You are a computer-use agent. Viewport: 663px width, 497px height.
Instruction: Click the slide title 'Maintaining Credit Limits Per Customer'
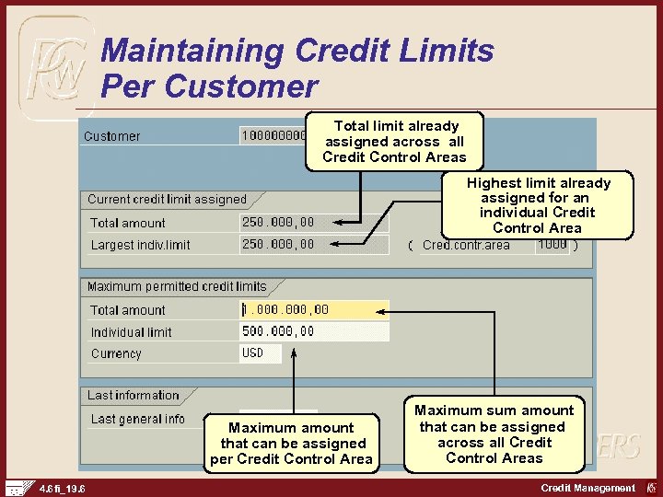[x=297, y=68]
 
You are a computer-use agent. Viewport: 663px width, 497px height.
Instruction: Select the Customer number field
[x=273, y=136]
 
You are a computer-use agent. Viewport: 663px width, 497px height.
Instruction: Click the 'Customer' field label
[x=112, y=136]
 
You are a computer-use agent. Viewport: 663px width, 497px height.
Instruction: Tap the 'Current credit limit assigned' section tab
[x=168, y=199]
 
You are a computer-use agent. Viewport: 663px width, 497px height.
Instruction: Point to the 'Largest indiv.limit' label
[x=140, y=245]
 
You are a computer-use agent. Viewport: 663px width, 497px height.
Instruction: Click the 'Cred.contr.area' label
[x=466, y=245]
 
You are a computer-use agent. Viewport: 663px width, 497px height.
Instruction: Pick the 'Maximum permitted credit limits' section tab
[x=177, y=286]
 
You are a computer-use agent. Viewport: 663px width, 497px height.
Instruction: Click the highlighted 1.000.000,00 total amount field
[x=313, y=310]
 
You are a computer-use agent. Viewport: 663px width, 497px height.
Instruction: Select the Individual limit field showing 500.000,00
[x=313, y=331]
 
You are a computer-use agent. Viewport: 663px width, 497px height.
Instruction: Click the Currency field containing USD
[x=260, y=353]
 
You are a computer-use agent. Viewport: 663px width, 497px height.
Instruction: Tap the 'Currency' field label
[x=116, y=353]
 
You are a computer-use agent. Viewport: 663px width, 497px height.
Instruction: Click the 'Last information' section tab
[x=134, y=395]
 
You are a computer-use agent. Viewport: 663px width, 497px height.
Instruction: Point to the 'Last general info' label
[x=137, y=419]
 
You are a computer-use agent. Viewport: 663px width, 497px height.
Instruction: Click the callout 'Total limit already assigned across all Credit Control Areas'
[x=395, y=141]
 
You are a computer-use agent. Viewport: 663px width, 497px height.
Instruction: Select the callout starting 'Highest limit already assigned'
[x=538, y=205]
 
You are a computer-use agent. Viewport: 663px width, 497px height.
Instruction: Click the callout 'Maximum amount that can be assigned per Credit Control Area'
[x=291, y=443]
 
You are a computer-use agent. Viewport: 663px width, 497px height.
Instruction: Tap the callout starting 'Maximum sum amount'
[x=494, y=433]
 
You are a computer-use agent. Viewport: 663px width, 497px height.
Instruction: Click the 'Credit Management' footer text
[x=587, y=488]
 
